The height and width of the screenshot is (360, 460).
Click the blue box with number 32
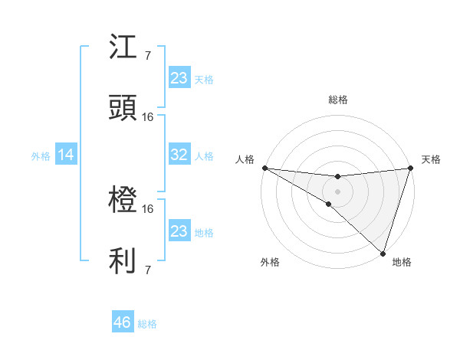(x=179, y=155)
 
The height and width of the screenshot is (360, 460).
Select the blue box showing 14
(x=66, y=155)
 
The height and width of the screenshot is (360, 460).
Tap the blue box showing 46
(x=123, y=322)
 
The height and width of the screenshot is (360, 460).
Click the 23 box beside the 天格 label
(x=179, y=77)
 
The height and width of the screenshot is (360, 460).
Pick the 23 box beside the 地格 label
(x=179, y=231)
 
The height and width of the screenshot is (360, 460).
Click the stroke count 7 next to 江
(x=147, y=56)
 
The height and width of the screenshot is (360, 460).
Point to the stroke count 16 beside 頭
(x=148, y=117)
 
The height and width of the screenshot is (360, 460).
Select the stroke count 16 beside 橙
(x=148, y=208)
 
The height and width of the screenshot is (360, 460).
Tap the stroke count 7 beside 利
(x=147, y=270)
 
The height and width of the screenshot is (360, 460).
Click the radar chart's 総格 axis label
(x=338, y=100)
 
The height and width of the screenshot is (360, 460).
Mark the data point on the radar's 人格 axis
(x=264, y=167)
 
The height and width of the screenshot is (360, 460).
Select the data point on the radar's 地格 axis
(x=383, y=253)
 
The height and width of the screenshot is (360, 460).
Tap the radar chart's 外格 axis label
(x=270, y=263)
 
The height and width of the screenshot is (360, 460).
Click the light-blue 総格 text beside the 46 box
(x=147, y=324)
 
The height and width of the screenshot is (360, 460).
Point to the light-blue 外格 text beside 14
(x=41, y=155)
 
